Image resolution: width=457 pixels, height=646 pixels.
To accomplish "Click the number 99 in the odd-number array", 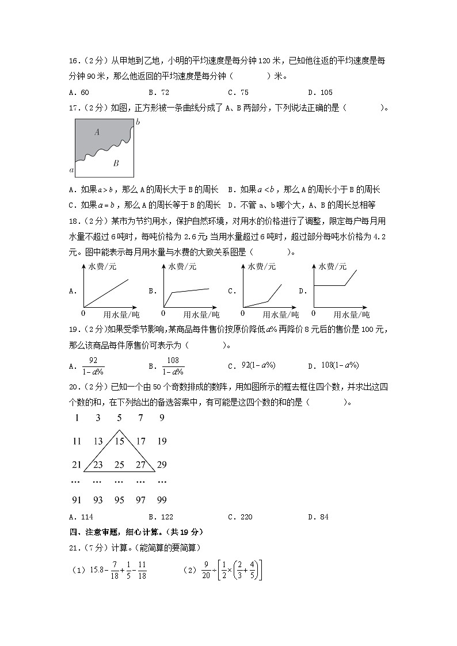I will point(161,500).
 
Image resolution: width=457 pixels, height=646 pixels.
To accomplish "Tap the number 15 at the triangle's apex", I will point(119,442).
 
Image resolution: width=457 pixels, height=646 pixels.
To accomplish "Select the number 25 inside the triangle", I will point(119,465).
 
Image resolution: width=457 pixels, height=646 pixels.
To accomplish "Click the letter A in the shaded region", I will point(97,132).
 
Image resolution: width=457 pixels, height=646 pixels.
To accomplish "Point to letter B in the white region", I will point(116,163).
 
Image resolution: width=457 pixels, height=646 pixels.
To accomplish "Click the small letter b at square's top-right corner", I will point(137,121).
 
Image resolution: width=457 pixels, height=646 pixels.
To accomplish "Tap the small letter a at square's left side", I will point(71,170).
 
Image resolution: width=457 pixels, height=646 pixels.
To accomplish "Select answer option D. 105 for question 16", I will point(320,92).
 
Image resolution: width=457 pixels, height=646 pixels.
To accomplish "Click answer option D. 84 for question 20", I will point(318,517).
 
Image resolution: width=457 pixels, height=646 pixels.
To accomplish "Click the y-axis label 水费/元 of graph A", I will point(102,266).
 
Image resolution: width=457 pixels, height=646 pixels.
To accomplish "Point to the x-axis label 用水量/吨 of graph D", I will point(351,315).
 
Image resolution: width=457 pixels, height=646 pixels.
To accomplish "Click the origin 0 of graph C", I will point(242,314).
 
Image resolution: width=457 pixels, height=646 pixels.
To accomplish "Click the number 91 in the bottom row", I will point(77,500).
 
